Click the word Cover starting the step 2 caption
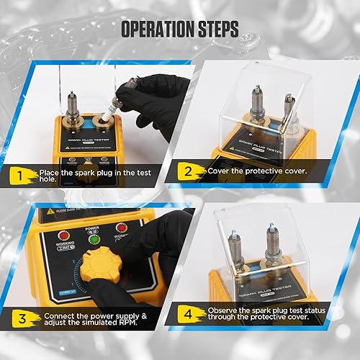(217, 171)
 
